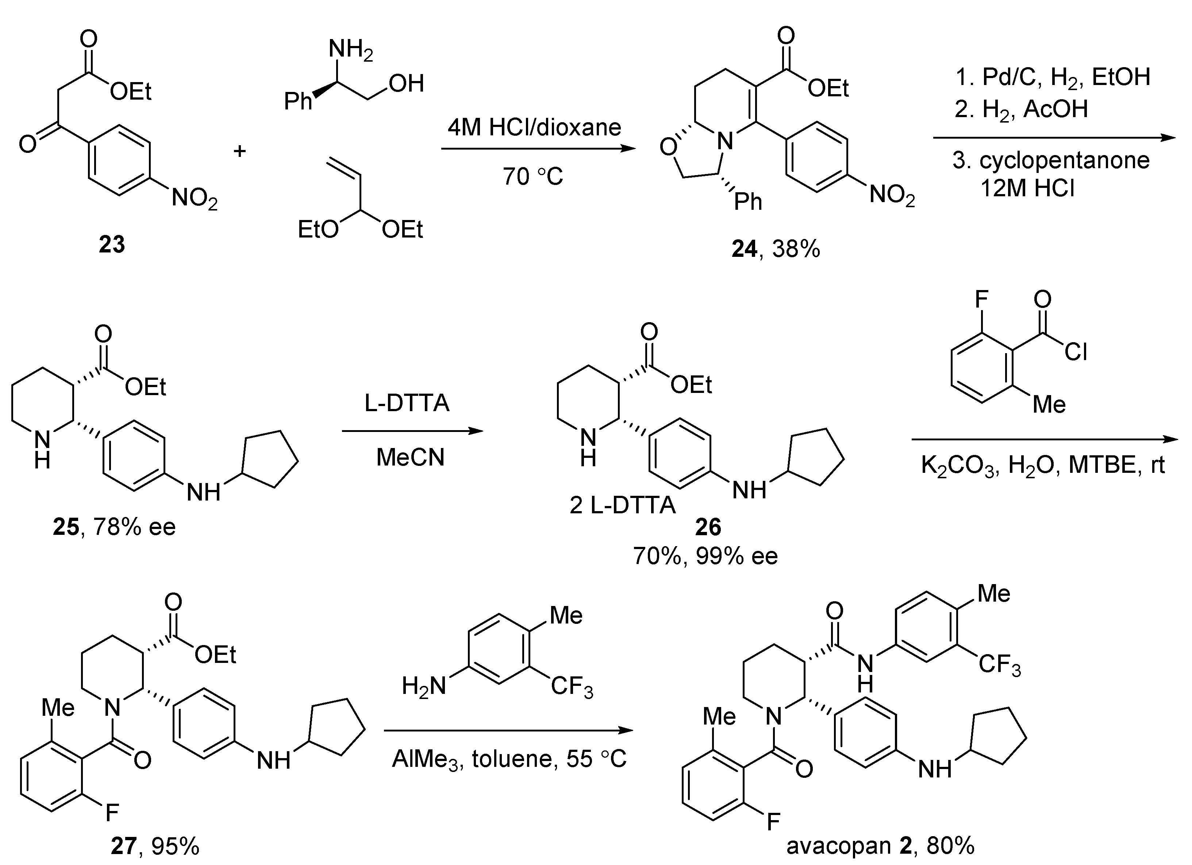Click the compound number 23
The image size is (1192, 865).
[x=112, y=244]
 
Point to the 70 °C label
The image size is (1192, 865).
[x=532, y=177]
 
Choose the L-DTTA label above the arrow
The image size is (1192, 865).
[x=407, y=403]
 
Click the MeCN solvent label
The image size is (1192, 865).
[x=410, y=457]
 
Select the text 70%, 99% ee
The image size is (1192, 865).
[x=705, y=556]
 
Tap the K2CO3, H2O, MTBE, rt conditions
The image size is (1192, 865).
[x=1043, y=464]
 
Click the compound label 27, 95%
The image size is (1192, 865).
[x=155, y=846]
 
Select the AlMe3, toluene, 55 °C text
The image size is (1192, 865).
[x=509, y=759]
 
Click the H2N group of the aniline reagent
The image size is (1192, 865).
[x=423, y=686]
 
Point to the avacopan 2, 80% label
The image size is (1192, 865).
[x=880, y=846]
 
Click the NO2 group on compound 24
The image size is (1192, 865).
[x=892, y=196]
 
